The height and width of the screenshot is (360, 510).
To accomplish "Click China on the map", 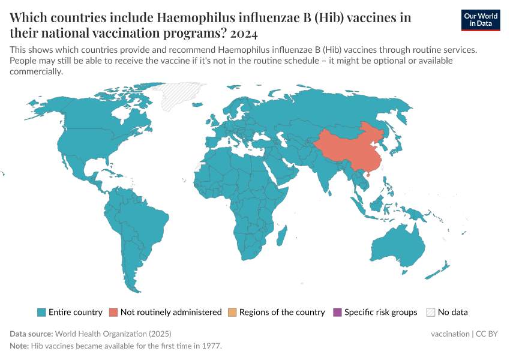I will [348, 150].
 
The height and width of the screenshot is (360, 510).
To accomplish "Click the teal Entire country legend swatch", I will [41, 312].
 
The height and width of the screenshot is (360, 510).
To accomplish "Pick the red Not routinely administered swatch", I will [113, 312].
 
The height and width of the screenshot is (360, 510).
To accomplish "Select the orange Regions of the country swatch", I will [232, 312].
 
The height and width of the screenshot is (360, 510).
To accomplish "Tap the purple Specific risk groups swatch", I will [337, 312].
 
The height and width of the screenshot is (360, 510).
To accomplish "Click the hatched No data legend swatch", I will [430, 312].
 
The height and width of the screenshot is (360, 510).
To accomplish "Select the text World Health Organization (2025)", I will [115, 334].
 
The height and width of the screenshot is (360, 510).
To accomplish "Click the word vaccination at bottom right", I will [450, 334].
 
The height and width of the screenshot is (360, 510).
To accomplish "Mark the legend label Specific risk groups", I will [380, 312].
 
